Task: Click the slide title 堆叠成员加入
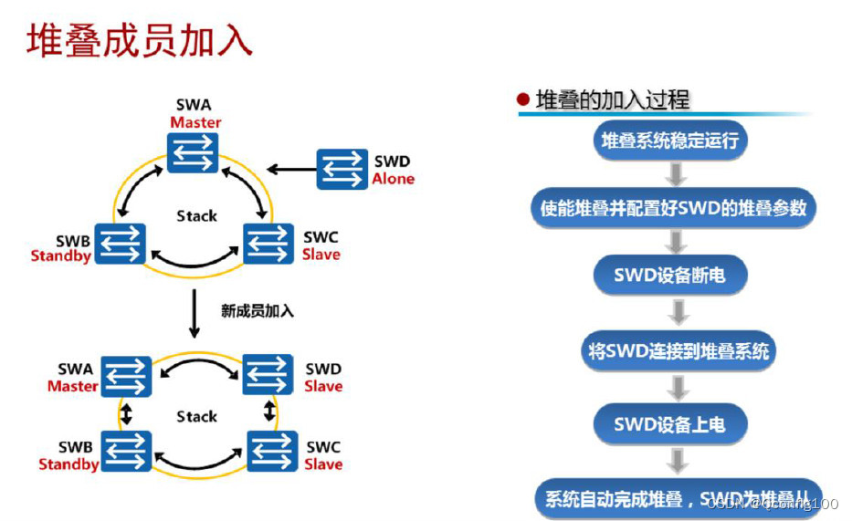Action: coord(140,41)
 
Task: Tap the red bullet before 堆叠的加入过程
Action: coord(523,99)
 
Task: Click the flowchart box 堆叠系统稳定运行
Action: coord(669,141)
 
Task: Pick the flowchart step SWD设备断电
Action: coord(669,274)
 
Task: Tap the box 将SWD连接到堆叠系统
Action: coord(678,350)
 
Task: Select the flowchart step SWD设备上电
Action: coord(669,423)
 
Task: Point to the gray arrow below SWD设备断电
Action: coord(677,312)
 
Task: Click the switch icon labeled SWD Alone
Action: coord(342,169)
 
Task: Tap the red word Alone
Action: coord(394,179)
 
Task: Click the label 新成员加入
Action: coord(258,310)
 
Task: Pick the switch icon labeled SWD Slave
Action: coord(268,375)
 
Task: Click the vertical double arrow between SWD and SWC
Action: coord(269,411)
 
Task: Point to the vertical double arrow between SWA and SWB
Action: coord(126,413)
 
